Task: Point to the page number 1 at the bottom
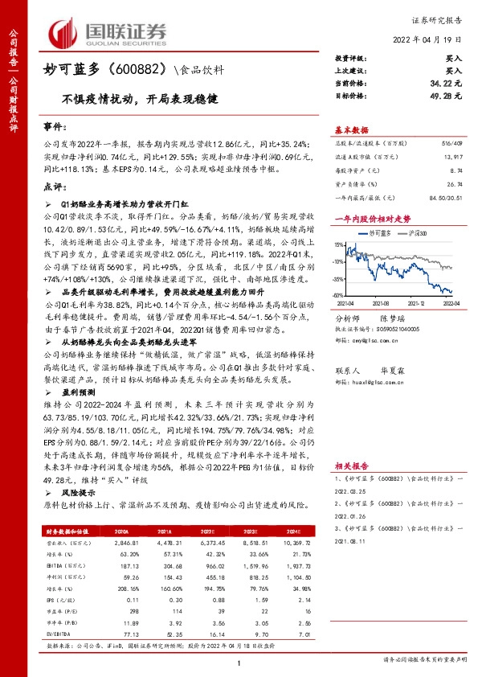[239, 662]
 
